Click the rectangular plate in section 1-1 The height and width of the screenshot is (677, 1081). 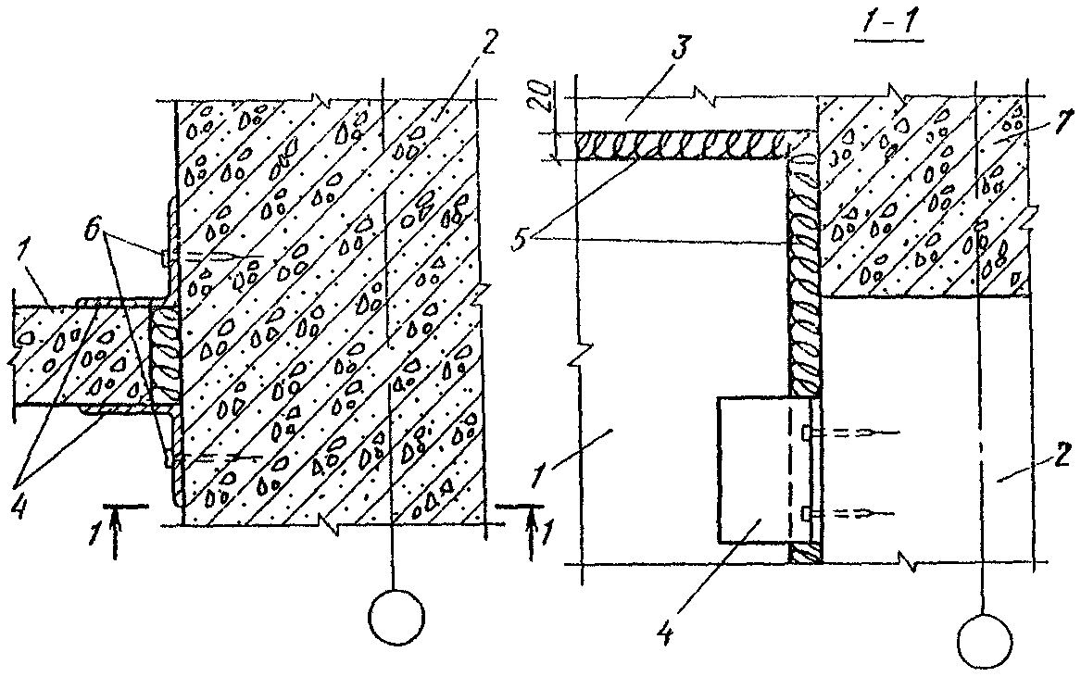coord(754,470)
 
